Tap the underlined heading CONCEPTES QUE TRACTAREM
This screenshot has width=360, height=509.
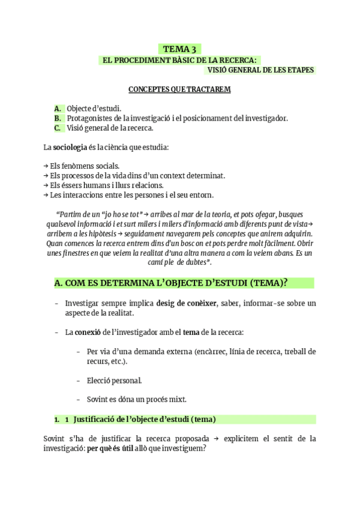(179, 89)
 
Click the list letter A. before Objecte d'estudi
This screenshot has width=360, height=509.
(58, 109)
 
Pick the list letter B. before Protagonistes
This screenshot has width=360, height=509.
(58, 118)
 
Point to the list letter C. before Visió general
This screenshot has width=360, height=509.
(58, 128)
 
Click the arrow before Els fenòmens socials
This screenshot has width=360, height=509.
(46, 166)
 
